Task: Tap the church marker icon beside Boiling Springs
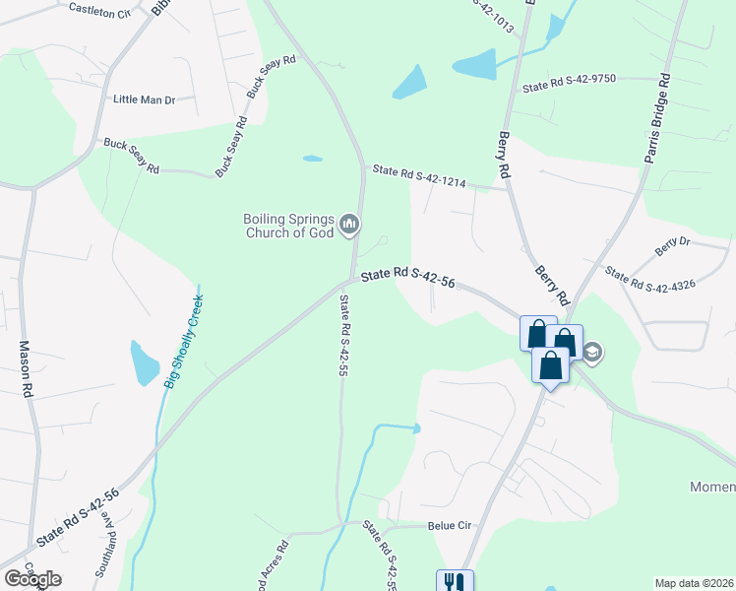coord(348,227)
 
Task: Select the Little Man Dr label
coord(144,99)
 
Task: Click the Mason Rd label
coord(26,369)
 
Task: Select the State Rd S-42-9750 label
coord(569,86)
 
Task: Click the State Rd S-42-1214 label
coord(418,176)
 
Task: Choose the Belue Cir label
coord(450,526)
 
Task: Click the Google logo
coord(32,579)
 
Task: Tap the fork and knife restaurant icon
coord(454,582)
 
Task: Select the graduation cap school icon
coord(592,352)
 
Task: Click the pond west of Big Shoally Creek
coord(144,363)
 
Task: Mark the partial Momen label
coord(711,488)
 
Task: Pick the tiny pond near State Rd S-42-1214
coord(312,158)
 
